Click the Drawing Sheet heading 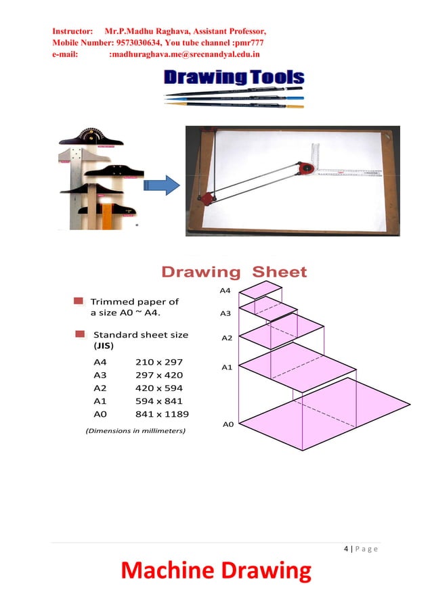coord(234,273)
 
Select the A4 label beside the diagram coord(225,290)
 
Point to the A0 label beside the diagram coord(228,424)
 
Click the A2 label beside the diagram coord(227,338)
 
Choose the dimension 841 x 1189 coord(163,414)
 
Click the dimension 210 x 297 coord(159,362)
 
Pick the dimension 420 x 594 coord(159,388)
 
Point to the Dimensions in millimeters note coord(135,430)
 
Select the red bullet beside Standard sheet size coord(81,334)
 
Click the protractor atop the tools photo coord(98,136)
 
